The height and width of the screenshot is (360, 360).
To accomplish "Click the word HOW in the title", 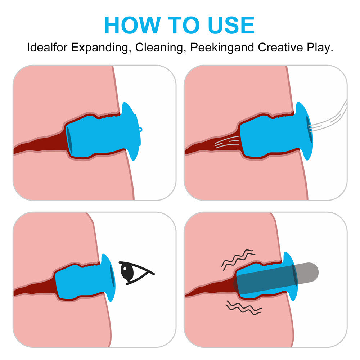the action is coord(132,25).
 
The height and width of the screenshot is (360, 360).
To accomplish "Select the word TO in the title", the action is coord(184,25).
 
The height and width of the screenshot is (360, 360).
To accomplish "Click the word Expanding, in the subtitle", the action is coord(100,48).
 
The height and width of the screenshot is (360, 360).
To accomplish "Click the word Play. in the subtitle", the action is coord(320,48).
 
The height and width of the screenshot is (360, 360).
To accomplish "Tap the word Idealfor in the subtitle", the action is coord(47,48).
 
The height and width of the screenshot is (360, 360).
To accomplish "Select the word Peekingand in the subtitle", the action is coord(222,48).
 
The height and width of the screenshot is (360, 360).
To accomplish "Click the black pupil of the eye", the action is coord(127,271).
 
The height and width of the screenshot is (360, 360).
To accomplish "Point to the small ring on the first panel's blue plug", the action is coord(140,130).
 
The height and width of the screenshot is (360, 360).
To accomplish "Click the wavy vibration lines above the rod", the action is coord(238,260).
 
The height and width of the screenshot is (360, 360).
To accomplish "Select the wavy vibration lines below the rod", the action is coord(244,308).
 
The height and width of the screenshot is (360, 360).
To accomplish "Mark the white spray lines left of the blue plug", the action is coord(227,141).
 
